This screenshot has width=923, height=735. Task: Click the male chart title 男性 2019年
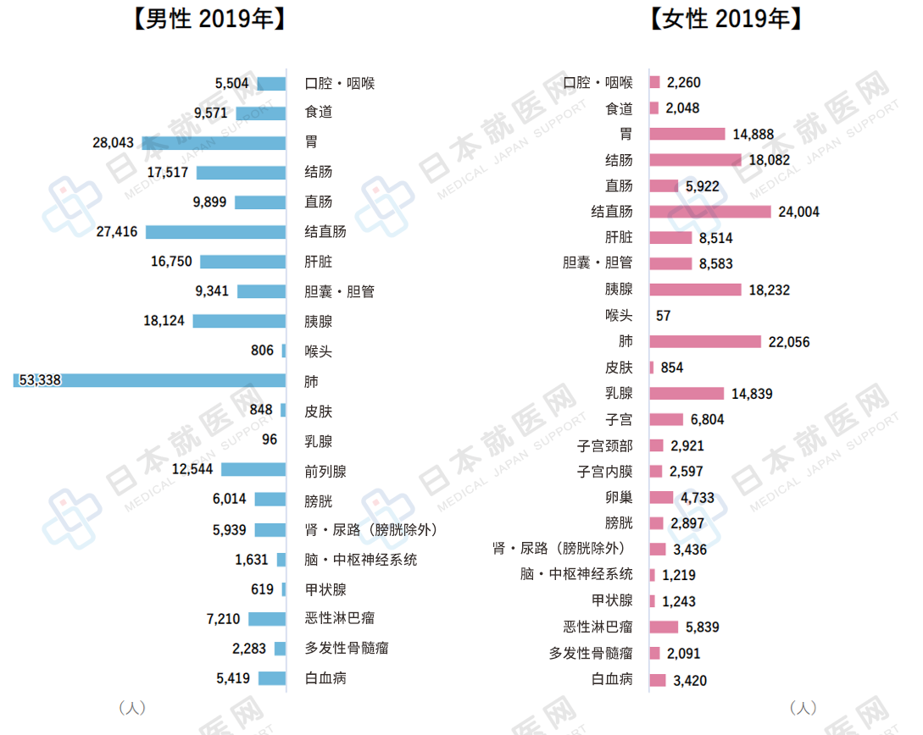click(209, 19)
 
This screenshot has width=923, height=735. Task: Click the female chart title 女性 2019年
click(726, 19)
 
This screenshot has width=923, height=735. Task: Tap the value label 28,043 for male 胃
click(114, 143)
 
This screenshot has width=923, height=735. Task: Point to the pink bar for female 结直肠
click(710, 212)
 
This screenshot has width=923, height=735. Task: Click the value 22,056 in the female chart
click(789, 342)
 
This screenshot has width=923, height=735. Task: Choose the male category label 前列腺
click(325, 471)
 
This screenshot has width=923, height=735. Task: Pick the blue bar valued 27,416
click(215, 232)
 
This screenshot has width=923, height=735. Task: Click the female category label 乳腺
click(619, 394)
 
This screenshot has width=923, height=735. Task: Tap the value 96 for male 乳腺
click(270, 440)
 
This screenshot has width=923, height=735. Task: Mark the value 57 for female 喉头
click(664, 316)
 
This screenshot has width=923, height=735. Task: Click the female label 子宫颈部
click(605, 445)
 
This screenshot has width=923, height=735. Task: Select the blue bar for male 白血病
click(272, 678)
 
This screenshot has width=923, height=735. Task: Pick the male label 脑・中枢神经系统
click(361, 560)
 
